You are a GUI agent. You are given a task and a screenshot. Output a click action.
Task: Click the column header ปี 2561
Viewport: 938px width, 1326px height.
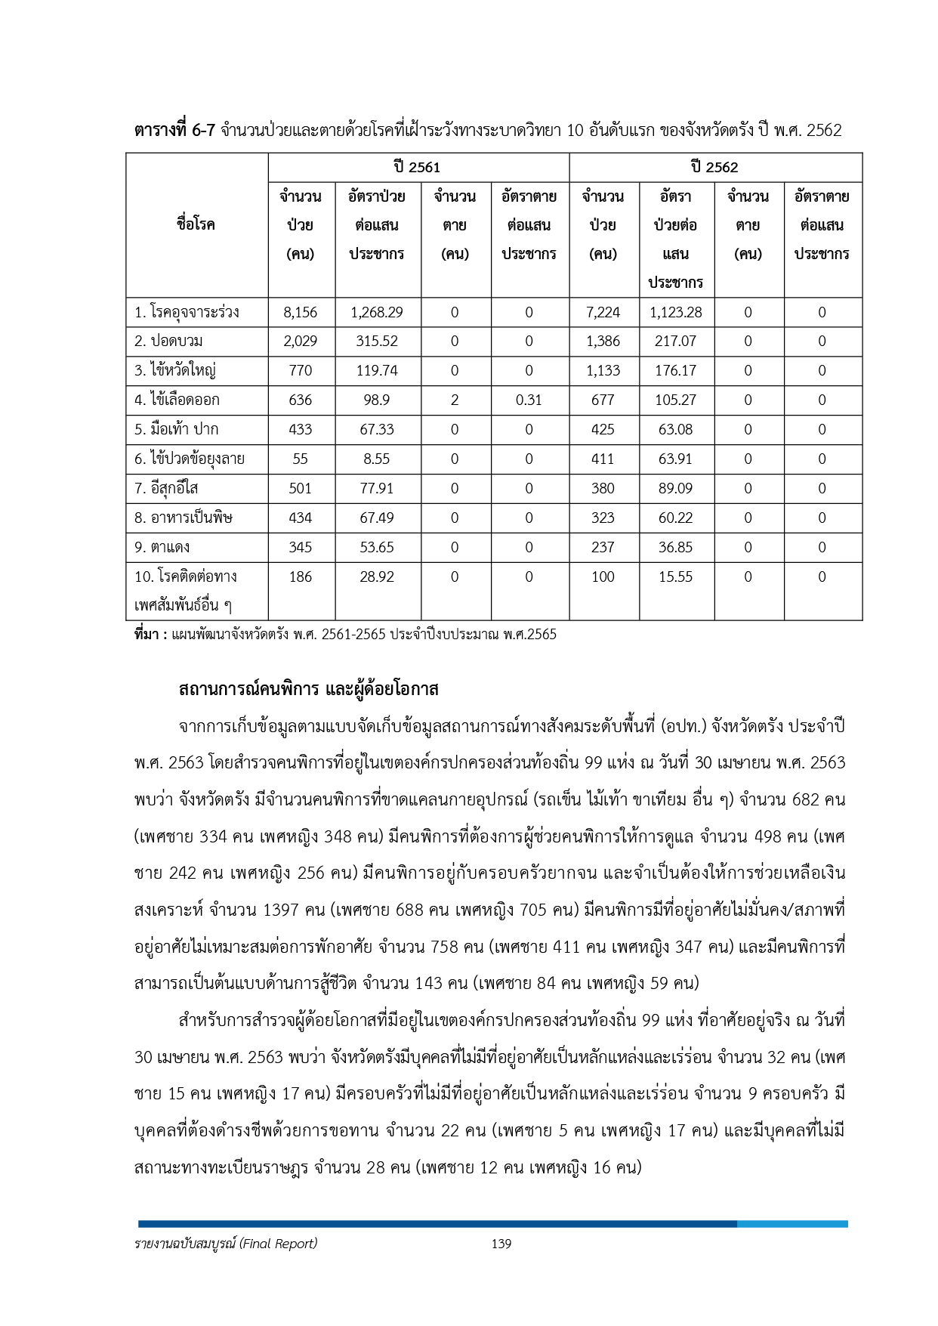coord(417,167)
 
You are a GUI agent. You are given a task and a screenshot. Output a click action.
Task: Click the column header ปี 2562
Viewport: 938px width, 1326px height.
coord(714,167)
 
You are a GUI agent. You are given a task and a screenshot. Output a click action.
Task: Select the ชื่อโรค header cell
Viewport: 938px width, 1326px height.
coord(196,224)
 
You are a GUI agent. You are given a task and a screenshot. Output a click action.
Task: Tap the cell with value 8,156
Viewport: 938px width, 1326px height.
coord(301,312)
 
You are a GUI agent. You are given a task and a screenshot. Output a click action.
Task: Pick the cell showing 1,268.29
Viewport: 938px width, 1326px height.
coord(377,312)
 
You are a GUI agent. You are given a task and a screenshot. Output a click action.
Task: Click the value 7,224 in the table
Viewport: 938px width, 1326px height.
coord(603,312)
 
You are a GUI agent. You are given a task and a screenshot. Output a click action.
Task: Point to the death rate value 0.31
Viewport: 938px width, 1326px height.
coord(529,400)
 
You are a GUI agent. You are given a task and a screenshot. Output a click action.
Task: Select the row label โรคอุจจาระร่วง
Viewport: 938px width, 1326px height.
coord(187,312)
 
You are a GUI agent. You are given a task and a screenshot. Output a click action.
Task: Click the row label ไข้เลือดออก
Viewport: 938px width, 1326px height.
coord(177,400)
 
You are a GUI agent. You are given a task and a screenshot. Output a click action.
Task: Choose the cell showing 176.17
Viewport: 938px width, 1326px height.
coord(675,370)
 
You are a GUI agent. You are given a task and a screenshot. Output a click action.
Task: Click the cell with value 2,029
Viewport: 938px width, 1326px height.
coord(301,341)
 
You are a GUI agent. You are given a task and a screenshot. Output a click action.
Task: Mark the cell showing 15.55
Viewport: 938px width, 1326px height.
coord(675,576)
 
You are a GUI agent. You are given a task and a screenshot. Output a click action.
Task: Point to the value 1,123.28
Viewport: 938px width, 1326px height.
coord(675,312)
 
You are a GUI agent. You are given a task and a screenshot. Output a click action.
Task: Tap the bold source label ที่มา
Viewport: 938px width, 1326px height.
coord(150,635)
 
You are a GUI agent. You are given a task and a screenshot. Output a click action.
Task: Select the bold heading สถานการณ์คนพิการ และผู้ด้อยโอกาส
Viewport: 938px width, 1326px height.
coord(308,689)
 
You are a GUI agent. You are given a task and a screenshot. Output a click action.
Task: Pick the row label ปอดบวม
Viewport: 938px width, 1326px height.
coord(168,341)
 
